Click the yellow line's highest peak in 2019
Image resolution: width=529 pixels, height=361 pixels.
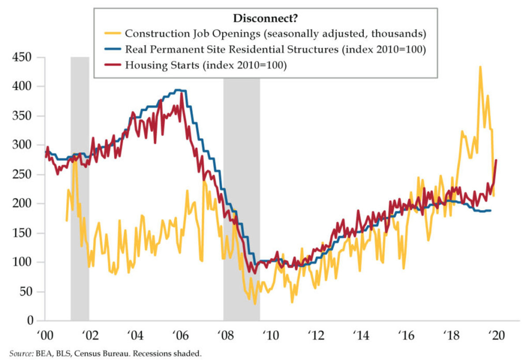pos(480,67)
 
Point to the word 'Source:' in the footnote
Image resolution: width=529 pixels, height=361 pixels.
pos(20,353)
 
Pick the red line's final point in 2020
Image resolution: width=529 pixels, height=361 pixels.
pos(496,160)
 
